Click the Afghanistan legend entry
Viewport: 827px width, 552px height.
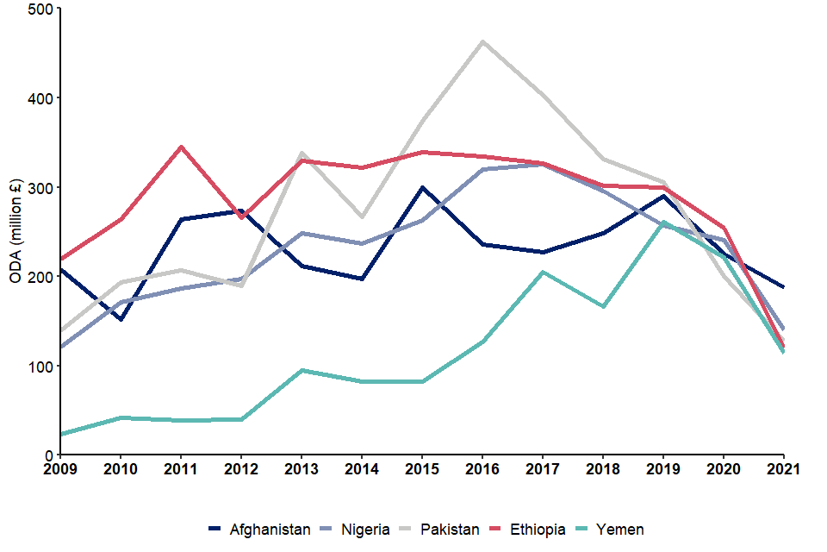click(x=259, y=530)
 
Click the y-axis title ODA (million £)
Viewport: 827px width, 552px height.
click(x=16, y=230)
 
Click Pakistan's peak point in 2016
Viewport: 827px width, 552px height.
click(x=482, y=41)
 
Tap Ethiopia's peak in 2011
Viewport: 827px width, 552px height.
click(x=181, y=147)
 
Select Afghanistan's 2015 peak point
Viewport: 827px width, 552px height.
click(x=422, y=187)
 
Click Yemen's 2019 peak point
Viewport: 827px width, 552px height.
click(x=663, y=223)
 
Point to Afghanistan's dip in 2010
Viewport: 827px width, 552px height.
click(x=121, y=319)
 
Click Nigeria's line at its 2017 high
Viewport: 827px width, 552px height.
click(x=543, y=164)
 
